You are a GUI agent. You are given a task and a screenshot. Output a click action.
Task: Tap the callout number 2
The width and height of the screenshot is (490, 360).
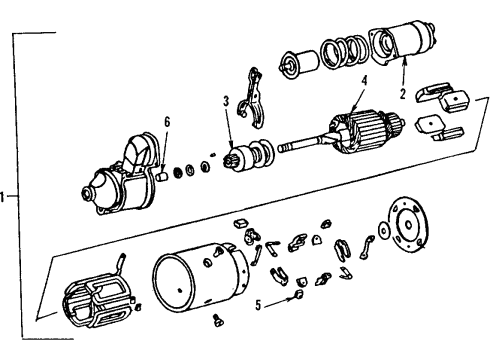(x=402, y=97)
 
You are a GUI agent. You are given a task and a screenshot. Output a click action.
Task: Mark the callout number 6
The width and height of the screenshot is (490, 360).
(x=168, y=122)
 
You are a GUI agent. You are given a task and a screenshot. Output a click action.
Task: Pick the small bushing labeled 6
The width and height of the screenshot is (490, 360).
(x=160, y=175)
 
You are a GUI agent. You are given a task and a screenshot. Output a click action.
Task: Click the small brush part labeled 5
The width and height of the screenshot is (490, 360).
(x=297, y=295)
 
